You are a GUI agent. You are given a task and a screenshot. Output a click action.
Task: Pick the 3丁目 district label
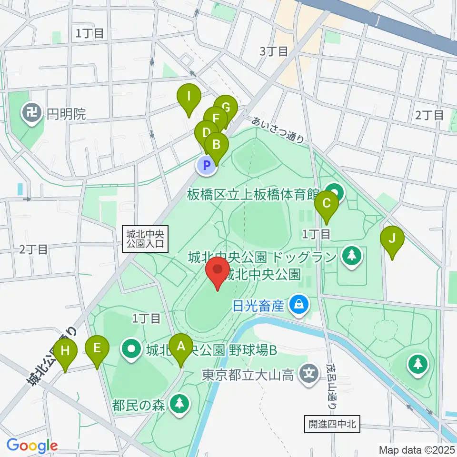pos(274,51)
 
